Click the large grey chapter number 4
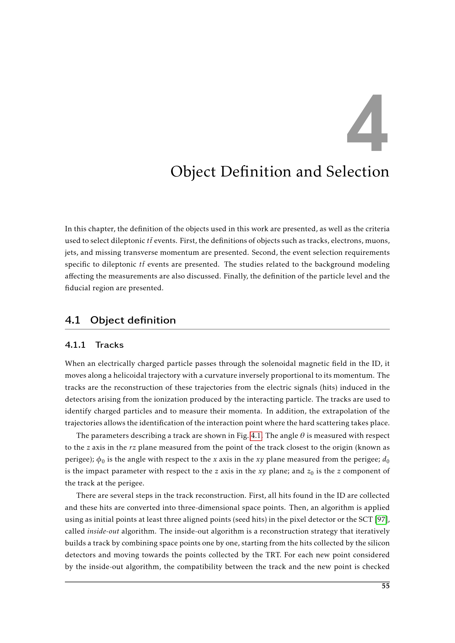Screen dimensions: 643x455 (368, 123)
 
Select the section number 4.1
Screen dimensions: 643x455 (73, 320)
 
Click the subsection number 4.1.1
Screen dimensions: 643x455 (75, 345)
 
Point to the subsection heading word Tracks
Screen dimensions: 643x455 (109, 345)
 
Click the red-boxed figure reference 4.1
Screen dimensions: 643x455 (256, 436)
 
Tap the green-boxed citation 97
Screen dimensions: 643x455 (381, 520)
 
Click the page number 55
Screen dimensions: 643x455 (385, 586)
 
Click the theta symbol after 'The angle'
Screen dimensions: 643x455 (302, 436)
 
